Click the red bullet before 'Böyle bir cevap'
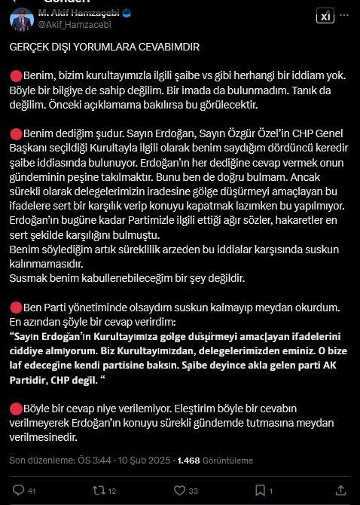click(x=15, y=408)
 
